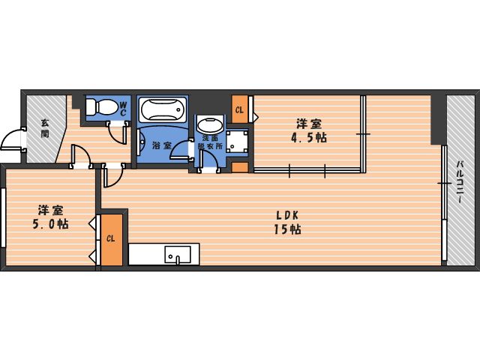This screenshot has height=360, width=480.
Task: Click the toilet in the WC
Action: point(102,106)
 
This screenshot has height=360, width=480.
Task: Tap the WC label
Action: point(123,108)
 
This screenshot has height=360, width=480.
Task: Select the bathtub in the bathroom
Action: point(163,109)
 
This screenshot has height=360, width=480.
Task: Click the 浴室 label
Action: point(162,145)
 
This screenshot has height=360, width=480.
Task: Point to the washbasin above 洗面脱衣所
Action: point(210,125)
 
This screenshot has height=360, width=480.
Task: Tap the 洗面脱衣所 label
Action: point(210,142)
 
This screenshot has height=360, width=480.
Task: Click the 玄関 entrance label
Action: point(45,128)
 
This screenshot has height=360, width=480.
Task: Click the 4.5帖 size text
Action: point(308,138)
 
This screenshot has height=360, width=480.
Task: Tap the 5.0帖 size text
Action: point(50,224)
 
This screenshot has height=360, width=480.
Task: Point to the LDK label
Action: point(287,215)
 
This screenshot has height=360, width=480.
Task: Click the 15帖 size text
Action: point(287,229)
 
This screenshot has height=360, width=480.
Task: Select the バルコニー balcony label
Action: point(460,181)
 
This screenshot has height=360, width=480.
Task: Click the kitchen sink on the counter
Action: point(178,254)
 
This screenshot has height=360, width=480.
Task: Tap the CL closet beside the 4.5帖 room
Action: point(240,109)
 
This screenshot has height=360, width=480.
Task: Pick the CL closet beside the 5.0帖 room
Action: point(112,239)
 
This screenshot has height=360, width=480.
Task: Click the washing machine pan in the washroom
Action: point(237,141)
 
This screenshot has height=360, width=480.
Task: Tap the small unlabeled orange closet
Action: point(240,167)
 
